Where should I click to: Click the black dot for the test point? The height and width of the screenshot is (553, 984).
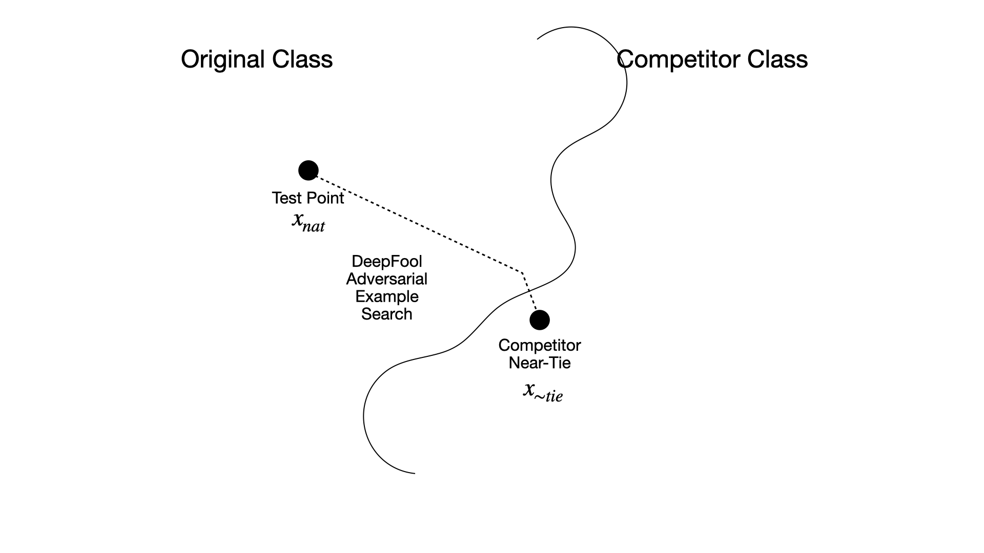click(x=309, y=171)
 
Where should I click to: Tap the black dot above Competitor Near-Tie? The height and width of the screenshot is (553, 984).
click(x=540, y=320)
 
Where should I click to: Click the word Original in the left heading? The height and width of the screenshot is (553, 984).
click(x=223, y=59)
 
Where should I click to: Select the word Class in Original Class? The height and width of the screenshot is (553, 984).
click(x=302, y=59)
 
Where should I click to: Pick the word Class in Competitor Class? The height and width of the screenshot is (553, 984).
click(x=777, y=59)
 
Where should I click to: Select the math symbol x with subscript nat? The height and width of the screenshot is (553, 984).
click(x=308, y=222)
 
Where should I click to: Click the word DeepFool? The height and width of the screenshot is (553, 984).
click(x=387, y=262)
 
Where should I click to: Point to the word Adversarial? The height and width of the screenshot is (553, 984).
click(x=387, y=279)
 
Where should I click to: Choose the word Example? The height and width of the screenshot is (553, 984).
click(x=387, y=297)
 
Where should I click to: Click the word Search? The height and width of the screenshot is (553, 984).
click(x=387, y=314)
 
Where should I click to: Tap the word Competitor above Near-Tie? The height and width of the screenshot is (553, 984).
click(x=540, y=346)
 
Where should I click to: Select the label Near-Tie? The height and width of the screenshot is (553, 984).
click(x=540, y=363)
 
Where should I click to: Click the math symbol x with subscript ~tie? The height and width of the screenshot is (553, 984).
click(x=542, y=392)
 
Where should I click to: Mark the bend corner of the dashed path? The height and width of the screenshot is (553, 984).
click(x=521, y=272)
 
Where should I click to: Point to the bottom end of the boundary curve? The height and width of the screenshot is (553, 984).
click(x=414, y=473)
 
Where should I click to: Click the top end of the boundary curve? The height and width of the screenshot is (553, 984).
click(x=537, y=39)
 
